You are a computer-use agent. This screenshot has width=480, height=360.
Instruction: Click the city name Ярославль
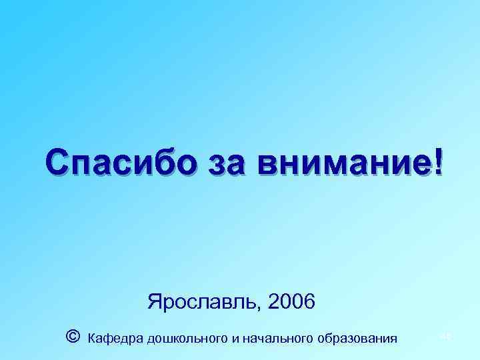click(x=203, y=303)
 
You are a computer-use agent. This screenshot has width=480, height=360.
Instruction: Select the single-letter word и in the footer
click(x=235, y=339)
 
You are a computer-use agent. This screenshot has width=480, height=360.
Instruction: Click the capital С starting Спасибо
click(x=58, y=163)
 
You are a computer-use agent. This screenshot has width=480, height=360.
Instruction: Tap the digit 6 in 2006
click(x=308, y=303)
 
